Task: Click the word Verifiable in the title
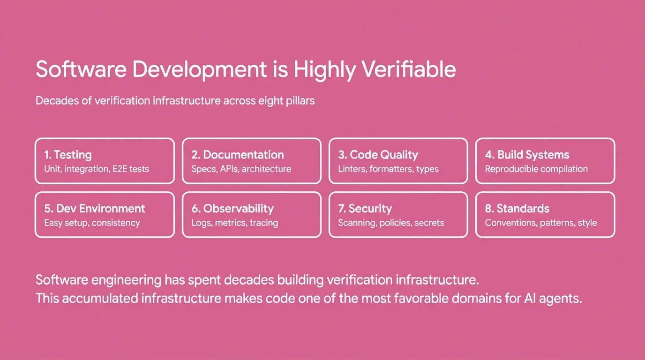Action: (409, 69)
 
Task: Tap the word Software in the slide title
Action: (81, 69)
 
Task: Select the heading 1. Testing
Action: (68, 155)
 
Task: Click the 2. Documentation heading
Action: (238, 155)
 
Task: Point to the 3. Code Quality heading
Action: (378, 155)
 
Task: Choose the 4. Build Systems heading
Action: (527, 155)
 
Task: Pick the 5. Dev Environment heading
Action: (95, 209)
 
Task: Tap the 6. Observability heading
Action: (232, 209)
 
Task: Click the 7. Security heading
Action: (365, 209)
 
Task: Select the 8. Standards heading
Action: (517, 209)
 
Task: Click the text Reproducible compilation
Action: (536, 169)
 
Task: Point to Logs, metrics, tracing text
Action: (235, 223)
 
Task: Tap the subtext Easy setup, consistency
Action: (92, 223)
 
